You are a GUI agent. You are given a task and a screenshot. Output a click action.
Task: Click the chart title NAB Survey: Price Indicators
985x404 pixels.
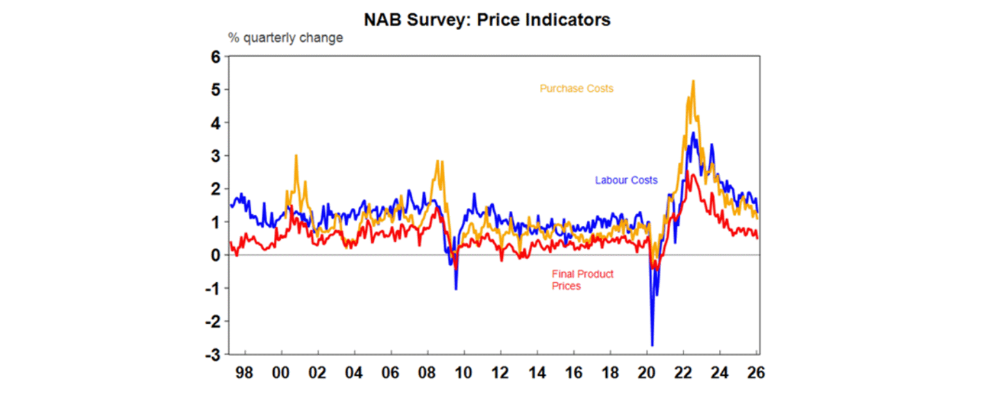[x=487, y=20]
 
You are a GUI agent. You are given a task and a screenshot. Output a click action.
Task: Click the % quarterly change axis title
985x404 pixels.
[x=285, y=38]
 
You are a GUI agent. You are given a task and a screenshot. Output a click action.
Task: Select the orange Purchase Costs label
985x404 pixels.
[x=576, y=88]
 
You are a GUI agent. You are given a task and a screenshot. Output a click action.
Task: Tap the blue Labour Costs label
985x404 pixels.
[x=626, y=180]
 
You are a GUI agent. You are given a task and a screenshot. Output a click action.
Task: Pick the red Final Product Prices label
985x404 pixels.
[x=582, y=280]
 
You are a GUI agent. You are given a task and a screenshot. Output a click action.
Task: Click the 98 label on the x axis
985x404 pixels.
[x=244, y=373]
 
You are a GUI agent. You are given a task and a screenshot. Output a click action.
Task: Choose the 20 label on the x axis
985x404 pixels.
[x=646, y=373]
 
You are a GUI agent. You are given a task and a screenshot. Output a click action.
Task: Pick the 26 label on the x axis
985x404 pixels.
[x=756, y=373]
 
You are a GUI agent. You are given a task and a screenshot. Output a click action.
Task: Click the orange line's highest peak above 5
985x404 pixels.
[x=693, y=81]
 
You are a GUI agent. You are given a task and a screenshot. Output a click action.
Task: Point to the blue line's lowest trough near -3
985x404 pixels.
[x=652, y=346]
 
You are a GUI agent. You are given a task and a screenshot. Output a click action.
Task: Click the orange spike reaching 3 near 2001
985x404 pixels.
[x=296, y=155]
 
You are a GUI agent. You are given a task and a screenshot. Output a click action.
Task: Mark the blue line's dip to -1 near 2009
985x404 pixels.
[x=456, y=289]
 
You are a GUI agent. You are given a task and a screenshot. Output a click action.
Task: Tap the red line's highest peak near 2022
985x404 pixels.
[x=689, y=172]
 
